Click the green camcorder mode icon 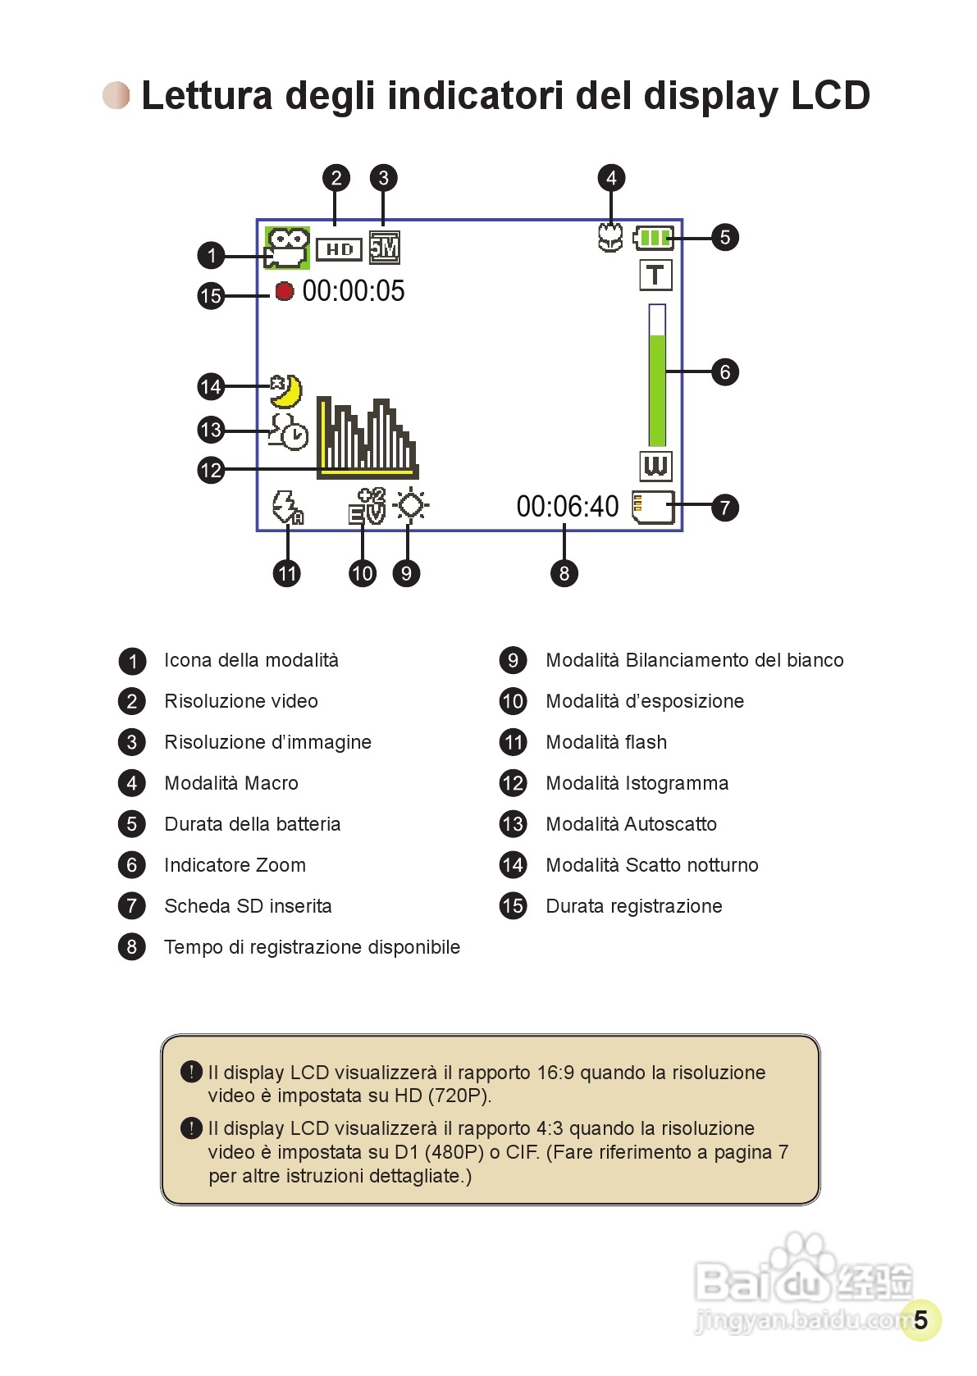click(286, 248)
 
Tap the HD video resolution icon click(339, 248)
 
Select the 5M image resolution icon click(384, 247)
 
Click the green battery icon click(654, 238)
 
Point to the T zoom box click(655, 276)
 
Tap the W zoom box click(655, 466)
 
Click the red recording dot click(284, 291)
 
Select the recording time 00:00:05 click(354, 291)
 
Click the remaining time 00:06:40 click(567, 507)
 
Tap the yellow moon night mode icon click(286, 390)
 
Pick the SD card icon click(653, 507)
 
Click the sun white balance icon click(411, 505)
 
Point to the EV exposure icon click(367, 506)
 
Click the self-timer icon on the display click(288, 431)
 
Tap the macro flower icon click(609, 237)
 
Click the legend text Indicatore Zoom click(235, 865)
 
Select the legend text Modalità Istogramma click(637, 783)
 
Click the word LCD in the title click(829, 96)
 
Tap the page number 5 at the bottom click(920, 1319)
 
